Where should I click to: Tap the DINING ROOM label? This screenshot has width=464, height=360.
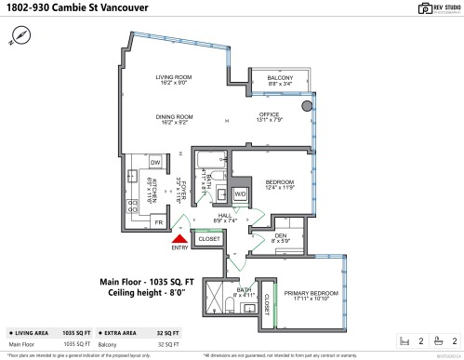click(x=173, y=117)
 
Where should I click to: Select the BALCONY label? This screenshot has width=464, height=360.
click(x=280, y=78)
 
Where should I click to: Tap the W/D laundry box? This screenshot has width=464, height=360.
click(x=240, y=193)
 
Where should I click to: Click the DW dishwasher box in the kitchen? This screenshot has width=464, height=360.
click(x=155, y=163)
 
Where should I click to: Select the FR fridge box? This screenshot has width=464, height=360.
click(x=159, y=223)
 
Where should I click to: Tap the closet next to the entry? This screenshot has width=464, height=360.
click(x=210, y=239)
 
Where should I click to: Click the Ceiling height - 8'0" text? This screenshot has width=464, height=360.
click(x=149, y=292)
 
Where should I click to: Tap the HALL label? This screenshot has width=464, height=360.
click(x=225, y=218)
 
